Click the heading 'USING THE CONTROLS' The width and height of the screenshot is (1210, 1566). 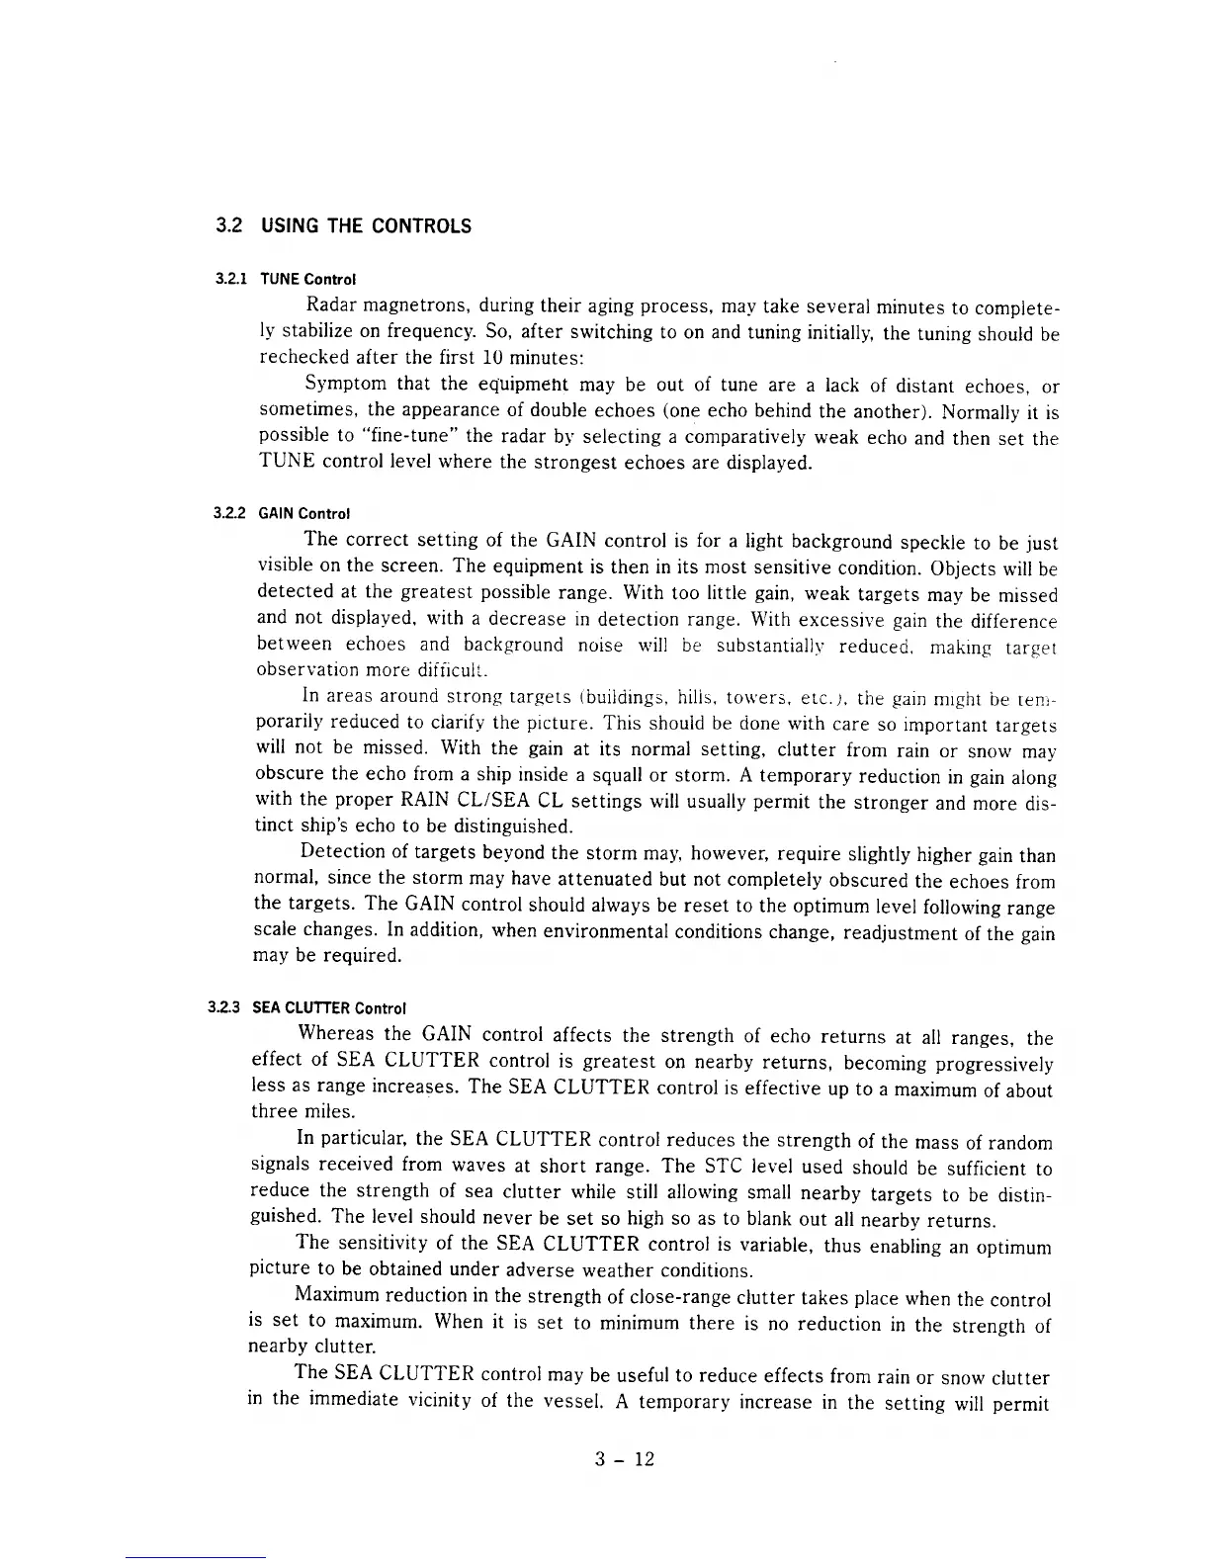[365, 226]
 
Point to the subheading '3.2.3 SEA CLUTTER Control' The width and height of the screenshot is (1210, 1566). [307, 1008]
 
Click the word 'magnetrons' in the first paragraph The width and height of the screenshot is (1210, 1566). [405, 304]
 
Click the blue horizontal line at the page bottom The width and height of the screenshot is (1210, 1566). [196, 1558]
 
